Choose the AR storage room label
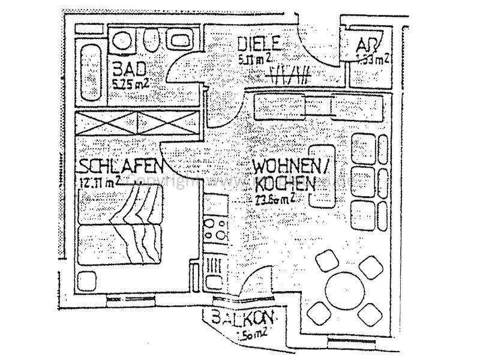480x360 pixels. coord(364,46)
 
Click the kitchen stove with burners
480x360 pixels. coord(215,229)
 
